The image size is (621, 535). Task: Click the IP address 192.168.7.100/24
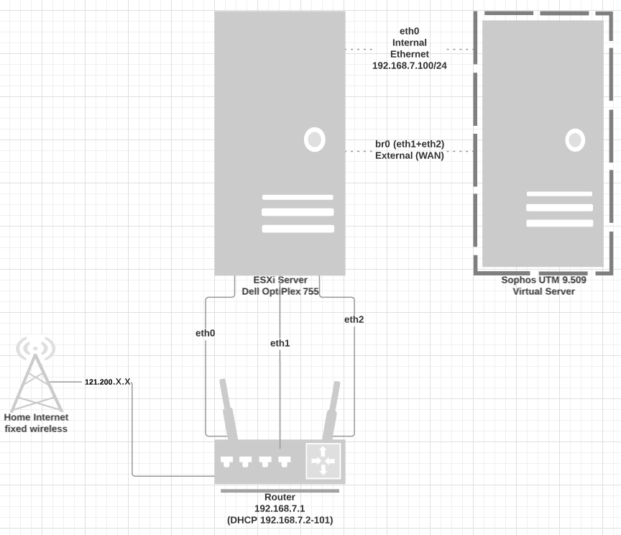click(409, 65)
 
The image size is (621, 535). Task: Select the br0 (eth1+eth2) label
click(410, 144)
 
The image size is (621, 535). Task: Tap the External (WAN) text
click(410, 155)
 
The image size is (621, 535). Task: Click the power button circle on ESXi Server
click(314, 139)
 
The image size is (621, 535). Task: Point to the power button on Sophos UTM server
click(575, 140)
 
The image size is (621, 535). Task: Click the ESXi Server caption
click(280, 280)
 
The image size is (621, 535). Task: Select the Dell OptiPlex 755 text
click(280, 291)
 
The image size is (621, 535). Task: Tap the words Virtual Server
click(543, 291)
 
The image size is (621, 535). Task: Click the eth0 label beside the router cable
click(206, 333)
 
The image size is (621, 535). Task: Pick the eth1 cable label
click(280, 343)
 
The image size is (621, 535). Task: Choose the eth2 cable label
click(354, 319)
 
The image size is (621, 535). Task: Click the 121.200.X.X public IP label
click(108, 382)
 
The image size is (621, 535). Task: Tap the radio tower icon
click(35, 374)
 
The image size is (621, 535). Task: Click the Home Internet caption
click(36, 417)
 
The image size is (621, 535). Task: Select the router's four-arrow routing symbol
click(323, 460)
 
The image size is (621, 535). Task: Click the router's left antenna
click(229, 410)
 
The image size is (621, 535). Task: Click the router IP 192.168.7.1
click(280, 508)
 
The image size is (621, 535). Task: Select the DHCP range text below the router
click(280, 520)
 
